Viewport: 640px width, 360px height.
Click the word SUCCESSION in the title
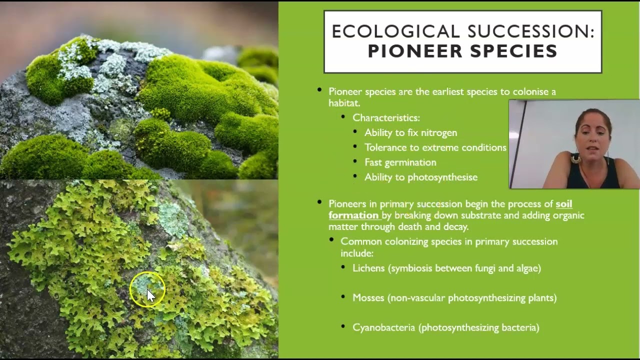pos(530,31)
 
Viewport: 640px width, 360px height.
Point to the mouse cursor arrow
pos(150,295)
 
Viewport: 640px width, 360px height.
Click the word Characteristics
pos(386,118)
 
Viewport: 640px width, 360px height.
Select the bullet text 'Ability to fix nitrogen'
pos(410,133)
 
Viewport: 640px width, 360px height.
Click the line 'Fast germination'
pos(400,162)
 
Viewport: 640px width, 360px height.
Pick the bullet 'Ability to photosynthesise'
pos(420,177)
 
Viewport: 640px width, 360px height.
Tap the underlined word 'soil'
pos(564,204)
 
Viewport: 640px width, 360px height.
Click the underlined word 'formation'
pos(353,215)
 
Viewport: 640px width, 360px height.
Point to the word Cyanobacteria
pos(383,328)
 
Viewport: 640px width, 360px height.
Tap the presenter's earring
pos(576,159)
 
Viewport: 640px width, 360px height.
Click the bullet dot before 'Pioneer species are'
pos(319,90)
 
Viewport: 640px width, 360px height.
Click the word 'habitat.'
pos(344,103)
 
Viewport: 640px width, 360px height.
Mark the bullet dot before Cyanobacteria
pos(343,326)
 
